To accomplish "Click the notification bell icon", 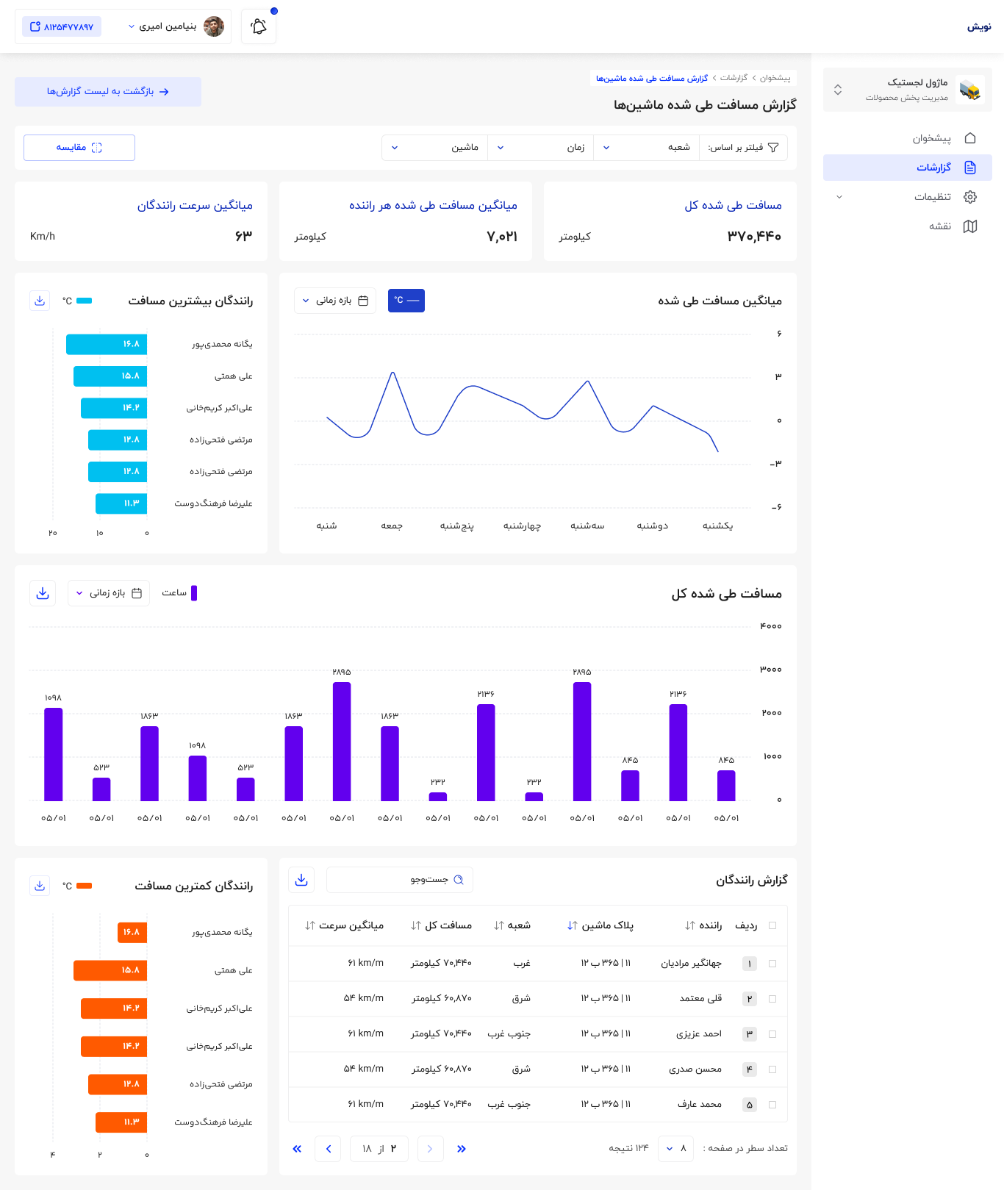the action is coord(259,27).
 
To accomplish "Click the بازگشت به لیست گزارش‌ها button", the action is coord(108,92).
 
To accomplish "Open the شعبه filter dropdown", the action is coord(646,148).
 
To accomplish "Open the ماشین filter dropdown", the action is coord(435,148).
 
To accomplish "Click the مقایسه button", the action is coord(79,148).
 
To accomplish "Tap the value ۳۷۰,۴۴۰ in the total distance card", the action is coord(754,236).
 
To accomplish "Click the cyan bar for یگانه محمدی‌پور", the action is coord(107,344).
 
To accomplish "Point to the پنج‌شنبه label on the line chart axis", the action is coord(457,526).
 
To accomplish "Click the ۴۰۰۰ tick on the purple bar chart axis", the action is coord(771,626).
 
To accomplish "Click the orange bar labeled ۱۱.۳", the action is coord(121,1122).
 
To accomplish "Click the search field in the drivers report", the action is coord(400,880).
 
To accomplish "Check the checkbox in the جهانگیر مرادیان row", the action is coord(772,964).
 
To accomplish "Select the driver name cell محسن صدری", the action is coord(695,1069).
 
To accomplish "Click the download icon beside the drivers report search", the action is coord(301,880).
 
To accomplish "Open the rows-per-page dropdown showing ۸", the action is coord(676,1149).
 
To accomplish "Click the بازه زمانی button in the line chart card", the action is coord(335,301).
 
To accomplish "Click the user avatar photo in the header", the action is coord(214,26).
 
